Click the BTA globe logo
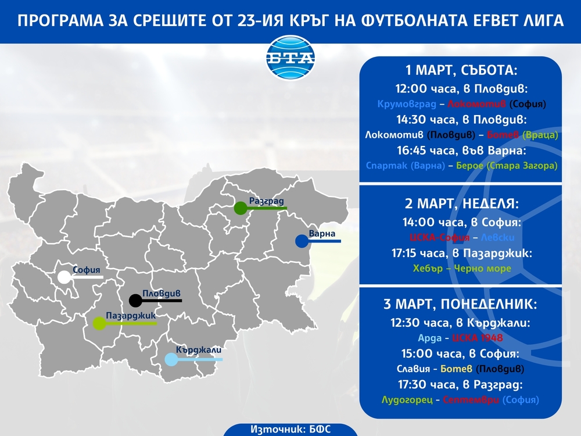290,59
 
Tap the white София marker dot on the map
64,277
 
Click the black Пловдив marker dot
135,301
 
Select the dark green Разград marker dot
240,208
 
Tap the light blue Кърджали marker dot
171,360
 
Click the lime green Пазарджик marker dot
100,323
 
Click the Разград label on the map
266,201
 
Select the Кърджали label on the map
199,350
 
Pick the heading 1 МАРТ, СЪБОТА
460,72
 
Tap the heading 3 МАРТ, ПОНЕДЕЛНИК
460,305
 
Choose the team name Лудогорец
406,400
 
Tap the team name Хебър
427,269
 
